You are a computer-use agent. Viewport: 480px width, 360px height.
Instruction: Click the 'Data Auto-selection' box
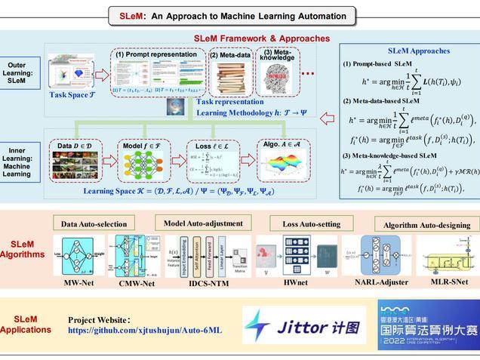click(95, 223)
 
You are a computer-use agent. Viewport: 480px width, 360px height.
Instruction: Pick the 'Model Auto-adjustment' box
click(203, 223)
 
